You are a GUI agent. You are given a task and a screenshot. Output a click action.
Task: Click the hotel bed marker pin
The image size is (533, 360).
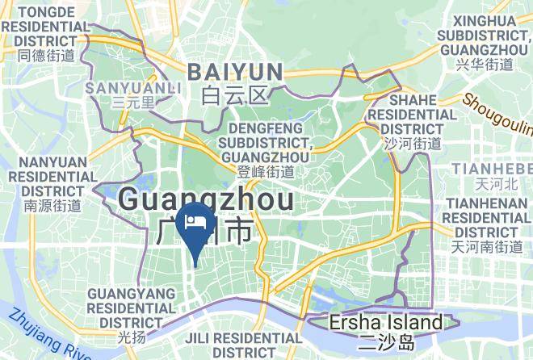[x=195, y=223]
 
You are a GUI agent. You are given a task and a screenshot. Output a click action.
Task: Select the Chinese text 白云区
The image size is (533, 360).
[x=235, y=97]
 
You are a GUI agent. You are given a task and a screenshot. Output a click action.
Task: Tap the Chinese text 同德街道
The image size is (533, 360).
[x=46, y=56]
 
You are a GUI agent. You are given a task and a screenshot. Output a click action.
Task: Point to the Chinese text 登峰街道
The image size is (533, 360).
[x=266, y=171]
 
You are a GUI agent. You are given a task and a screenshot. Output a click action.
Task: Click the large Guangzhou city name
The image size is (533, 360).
[x=205, y=199]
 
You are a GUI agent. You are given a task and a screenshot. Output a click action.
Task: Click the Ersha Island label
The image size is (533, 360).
[x=386, y=324]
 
